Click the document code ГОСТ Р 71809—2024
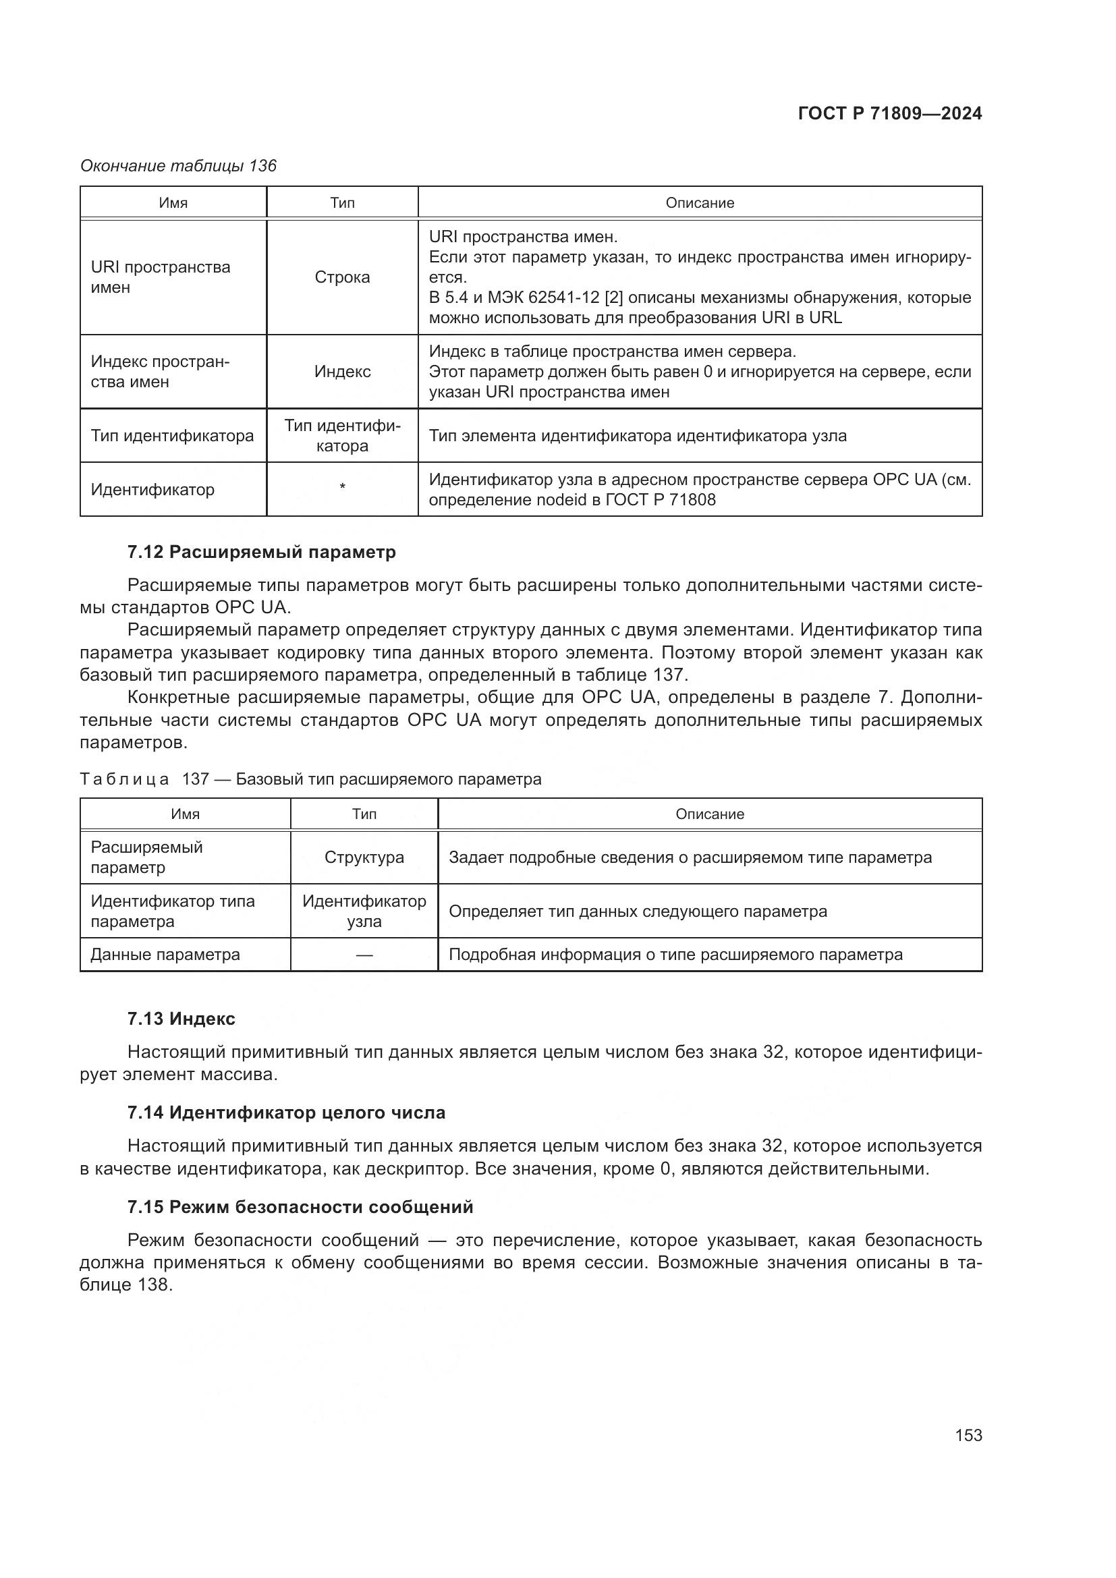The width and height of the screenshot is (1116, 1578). [890, 113]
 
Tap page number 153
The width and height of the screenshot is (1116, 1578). [968, 1435]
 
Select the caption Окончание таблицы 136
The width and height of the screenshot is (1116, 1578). [178, 166]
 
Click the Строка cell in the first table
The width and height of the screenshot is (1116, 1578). [342, 277]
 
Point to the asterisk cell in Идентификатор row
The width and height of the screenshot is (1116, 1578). [342, 487]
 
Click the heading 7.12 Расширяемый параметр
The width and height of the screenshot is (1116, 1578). [261, 552]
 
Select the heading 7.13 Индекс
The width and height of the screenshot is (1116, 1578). [181, 1019]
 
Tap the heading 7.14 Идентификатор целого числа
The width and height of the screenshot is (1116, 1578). [286, 1112]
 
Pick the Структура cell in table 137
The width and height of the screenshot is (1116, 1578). [364, 857]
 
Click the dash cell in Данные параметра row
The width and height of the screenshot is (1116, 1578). [364, 955]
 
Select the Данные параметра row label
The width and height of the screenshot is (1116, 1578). [165, 955]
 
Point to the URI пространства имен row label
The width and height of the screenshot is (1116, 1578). [160, 277]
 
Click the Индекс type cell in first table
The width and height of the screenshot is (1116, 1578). [342, 372]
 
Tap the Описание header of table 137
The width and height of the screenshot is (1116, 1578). [709, 814]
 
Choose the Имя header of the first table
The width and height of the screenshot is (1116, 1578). [173, 203]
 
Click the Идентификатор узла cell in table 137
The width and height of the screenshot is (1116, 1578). [364, 911]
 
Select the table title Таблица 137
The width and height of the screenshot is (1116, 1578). [310, 779]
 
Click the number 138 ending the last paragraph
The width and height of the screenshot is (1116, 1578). [152, 1284]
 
